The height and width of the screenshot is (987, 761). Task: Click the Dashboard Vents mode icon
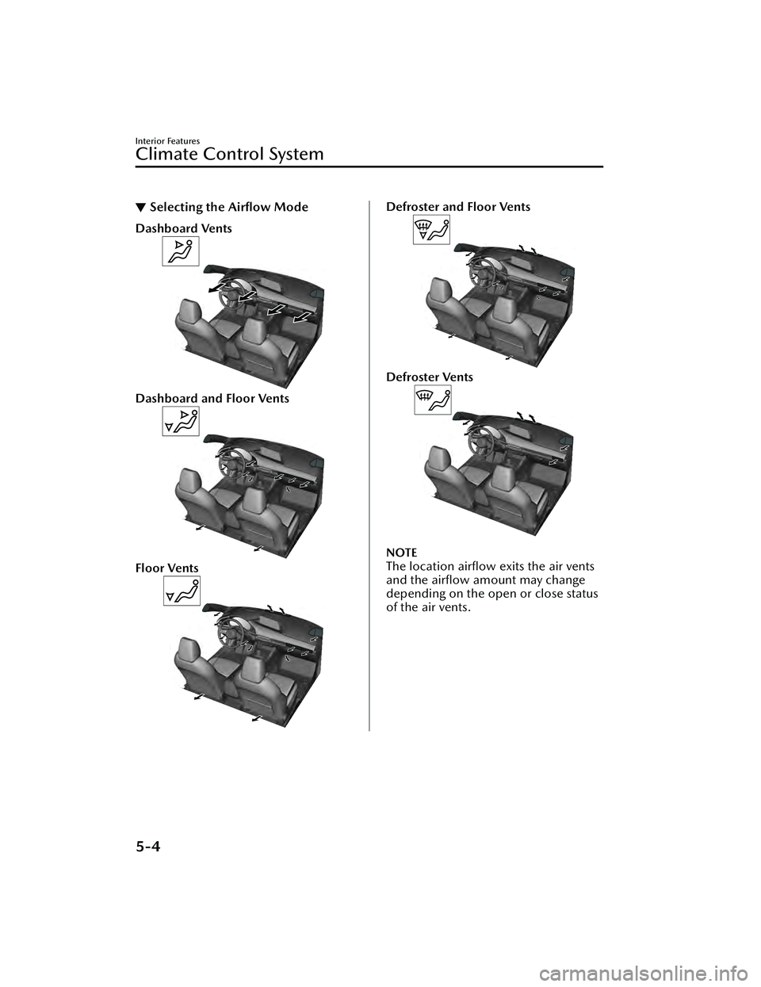tap(180, 251)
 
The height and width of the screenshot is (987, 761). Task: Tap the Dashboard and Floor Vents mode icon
tap(180, 421)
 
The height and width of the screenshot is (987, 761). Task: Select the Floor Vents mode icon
tap(182, 591)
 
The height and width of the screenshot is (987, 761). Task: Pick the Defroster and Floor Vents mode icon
tap(431, 229)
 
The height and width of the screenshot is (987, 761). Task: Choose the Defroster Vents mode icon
tap(432, 400)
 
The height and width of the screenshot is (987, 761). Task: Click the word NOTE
tap(401, 553)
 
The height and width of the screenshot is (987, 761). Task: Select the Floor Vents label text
tap(167, 568)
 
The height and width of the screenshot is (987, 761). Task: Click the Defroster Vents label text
tap(430, 377)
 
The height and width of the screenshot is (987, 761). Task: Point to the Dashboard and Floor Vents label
tap(212, 398)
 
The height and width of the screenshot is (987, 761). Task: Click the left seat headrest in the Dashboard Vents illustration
tap(195, 314)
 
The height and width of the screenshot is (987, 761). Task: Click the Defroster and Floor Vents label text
tap(458, 207)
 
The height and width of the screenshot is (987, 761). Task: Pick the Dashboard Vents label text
tap(183, 228)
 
